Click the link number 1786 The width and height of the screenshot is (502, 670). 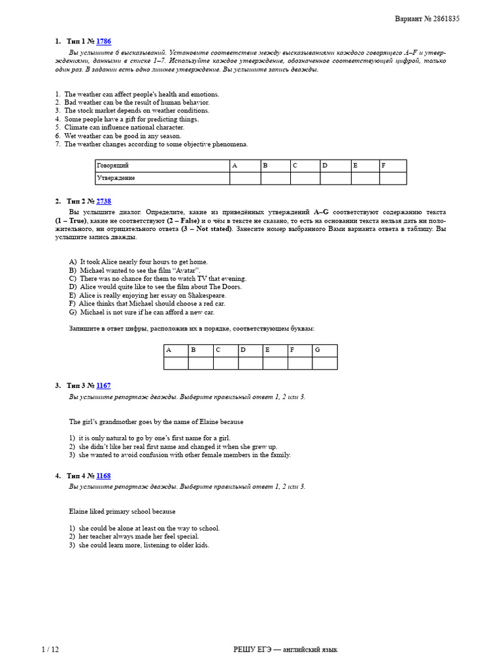(103, 41)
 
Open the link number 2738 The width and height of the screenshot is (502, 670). (103, 202)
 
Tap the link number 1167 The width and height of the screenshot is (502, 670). (103, 386)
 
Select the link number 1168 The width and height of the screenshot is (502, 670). (103, 476)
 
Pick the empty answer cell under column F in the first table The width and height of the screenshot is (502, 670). (392, 178)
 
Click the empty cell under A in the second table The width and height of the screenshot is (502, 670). (176, 363)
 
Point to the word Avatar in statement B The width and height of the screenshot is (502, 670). (187, 270)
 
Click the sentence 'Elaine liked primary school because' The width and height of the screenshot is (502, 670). (122, 511)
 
